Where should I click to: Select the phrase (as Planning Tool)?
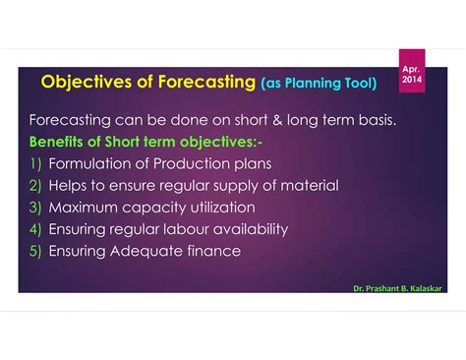[320, 84]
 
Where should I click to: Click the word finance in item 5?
[213, 250]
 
